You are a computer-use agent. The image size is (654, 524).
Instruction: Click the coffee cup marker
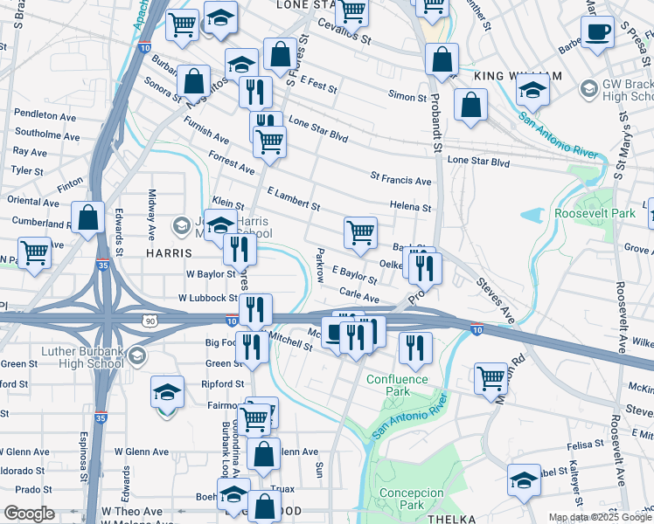[599, 32]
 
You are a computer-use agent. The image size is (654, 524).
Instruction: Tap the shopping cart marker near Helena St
[361, 232]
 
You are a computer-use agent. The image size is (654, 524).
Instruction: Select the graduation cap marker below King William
[532, 90]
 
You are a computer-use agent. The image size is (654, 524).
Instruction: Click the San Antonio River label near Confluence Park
[409, 417]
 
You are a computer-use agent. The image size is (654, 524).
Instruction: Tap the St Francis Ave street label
[400, 181]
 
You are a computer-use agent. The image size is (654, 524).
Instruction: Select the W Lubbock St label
[207, 298]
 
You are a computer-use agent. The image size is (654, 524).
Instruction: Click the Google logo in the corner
[30, 514]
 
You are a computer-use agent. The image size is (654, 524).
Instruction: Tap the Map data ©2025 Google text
[599, 517]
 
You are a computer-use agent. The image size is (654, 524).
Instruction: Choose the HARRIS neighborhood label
[163, 252]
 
